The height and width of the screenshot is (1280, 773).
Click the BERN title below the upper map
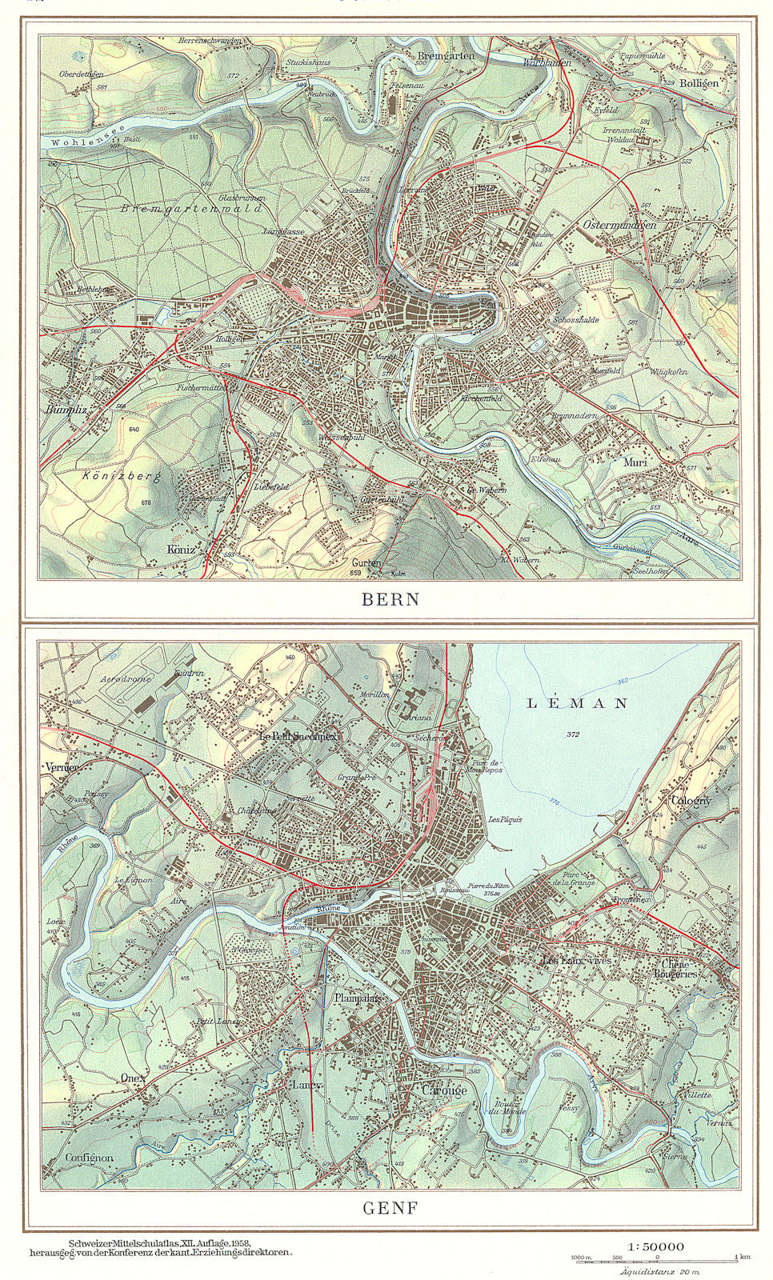391,599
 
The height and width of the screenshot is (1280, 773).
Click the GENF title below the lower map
391,1208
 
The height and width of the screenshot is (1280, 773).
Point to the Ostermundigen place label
619,225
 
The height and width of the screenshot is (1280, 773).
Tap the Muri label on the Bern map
636,462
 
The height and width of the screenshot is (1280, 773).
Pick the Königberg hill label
123,478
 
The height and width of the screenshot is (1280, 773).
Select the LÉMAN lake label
576,703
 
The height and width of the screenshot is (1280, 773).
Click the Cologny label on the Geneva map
691,801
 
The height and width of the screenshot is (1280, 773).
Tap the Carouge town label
439,1090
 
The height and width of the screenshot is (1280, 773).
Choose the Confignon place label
89,1158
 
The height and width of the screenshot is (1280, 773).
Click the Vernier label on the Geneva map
62,766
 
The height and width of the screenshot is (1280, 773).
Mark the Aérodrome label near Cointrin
126,679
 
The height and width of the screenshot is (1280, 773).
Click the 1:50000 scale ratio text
656,1246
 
